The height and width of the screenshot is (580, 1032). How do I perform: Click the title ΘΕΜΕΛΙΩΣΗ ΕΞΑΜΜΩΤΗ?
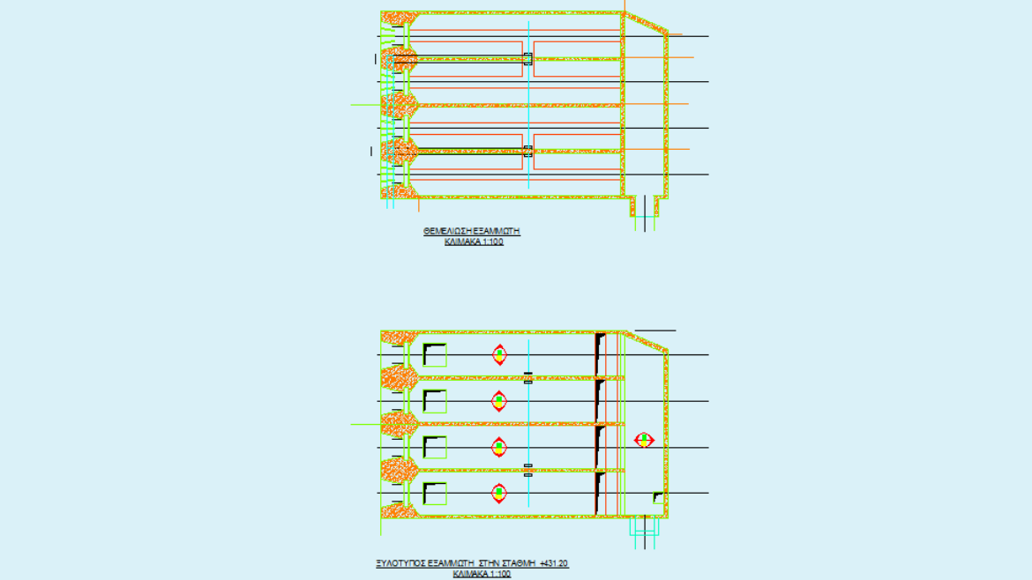471,231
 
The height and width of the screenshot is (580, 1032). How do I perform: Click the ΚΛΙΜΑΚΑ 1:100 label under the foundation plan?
474,242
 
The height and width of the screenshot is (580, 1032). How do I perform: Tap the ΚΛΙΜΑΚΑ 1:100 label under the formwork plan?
482,574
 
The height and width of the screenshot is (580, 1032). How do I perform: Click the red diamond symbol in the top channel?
499,355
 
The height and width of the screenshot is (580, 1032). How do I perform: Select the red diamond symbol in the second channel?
499,401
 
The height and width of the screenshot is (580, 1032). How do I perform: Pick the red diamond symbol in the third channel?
499,447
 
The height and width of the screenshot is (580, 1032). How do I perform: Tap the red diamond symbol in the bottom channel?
499,493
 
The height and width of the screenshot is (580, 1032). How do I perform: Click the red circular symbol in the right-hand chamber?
644,439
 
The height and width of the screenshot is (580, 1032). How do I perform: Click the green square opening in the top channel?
434,355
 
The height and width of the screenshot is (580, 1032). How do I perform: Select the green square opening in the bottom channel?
434,493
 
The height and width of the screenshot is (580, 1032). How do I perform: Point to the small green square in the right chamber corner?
657,498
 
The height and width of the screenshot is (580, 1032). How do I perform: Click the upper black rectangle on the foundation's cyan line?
527,59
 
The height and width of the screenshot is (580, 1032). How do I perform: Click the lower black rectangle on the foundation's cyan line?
527,151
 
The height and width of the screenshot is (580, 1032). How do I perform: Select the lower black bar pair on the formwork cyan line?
527,470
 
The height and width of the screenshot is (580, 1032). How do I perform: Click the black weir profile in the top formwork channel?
600,354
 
